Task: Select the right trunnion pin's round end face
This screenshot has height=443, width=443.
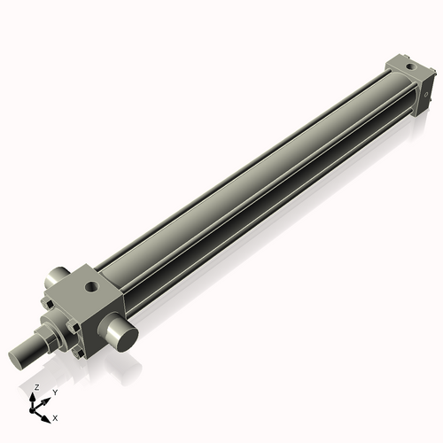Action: (x=121, y=336)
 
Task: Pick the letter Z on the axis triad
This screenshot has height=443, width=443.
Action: (x=36, y=388)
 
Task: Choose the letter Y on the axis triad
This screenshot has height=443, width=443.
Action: (x=54, y=392)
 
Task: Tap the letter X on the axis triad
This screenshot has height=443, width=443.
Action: (x=55, y=416)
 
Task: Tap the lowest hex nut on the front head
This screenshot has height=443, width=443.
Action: (x=81, y=354)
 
